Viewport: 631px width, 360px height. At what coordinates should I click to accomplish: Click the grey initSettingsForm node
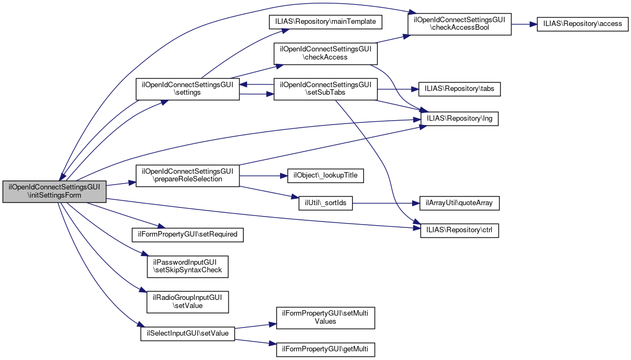click(54, 191)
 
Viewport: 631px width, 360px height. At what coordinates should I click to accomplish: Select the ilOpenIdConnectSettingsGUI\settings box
click(187, 89)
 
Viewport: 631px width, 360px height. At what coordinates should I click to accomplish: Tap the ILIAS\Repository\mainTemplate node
click(326, 22)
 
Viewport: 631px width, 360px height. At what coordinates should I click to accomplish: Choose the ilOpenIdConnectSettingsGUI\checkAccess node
click(326, 53)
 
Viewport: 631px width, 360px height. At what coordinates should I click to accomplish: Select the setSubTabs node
click(326, 89)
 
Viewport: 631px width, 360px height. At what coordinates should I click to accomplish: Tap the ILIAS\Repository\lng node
click(459, 119)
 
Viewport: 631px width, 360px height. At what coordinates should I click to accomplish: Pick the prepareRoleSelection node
click(187, 175)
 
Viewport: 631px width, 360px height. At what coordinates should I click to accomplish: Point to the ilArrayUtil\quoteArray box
click(459, 204)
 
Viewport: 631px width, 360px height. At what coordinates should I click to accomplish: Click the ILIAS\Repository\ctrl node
click(459, 230)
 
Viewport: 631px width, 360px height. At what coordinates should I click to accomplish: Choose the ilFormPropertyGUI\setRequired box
click(187, 234)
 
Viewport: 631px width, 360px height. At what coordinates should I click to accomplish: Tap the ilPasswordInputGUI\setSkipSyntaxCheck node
click(187, 266)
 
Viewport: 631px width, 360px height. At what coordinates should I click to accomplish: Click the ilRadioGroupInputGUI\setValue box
click(187, 301)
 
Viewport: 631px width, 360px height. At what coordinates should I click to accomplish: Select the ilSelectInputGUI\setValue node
click(187, 333)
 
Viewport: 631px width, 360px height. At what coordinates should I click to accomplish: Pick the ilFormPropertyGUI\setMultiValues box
click(326, 317)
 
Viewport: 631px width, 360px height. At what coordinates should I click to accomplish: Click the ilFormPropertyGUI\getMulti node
click(326, 349)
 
